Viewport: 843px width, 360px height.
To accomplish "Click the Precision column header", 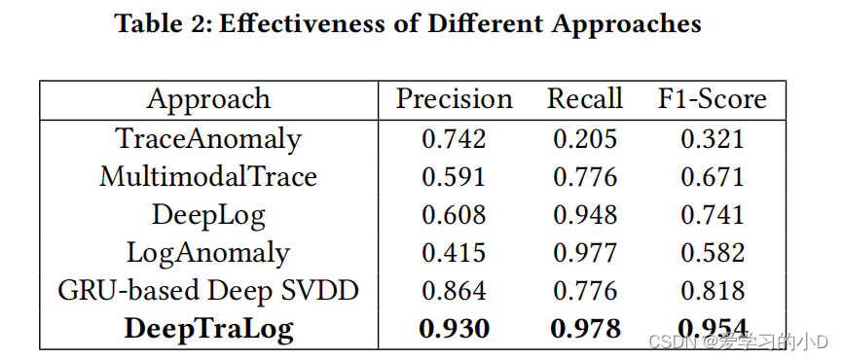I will [x=454, y=99].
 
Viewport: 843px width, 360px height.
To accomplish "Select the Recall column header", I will [x=585, y=99].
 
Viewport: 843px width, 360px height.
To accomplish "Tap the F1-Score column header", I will [x=713, y=99].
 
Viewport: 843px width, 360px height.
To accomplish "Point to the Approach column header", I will [x=208, y=99].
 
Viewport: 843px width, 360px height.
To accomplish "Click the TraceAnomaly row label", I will [x=208, y=139].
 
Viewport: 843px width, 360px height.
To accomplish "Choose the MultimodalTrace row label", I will [x=208, y=177].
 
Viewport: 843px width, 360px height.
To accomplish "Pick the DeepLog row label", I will [x=208, y=215].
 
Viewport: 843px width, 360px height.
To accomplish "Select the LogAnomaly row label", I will [x=208, y=253].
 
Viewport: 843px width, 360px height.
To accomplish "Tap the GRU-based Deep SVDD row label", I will [x=208, y=291].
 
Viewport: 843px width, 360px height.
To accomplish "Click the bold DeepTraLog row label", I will [x=208, y=329].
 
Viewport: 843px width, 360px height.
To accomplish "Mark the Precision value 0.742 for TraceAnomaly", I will [x=454, y=139].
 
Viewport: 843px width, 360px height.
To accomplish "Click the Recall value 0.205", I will [x=585, y=139].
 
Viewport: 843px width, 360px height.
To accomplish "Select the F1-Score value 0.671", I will [x=713, y=177].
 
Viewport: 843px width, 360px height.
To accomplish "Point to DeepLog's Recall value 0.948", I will [x=585, y=215].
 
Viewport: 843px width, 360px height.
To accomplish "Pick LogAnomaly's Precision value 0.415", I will [x=454, y=253].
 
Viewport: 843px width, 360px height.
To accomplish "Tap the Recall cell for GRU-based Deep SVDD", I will [x=585, y=291].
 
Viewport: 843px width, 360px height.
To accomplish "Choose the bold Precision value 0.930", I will [x=454, y=329].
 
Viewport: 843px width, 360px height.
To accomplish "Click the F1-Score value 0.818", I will [x=713, y=291].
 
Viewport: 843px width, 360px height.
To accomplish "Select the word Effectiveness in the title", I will [x=304, y=24].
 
